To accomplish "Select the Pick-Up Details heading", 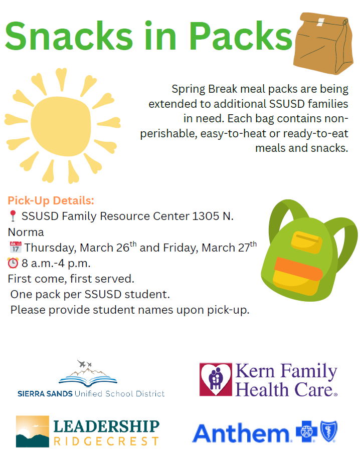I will coord(51,201).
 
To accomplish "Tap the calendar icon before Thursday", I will coord(15,248).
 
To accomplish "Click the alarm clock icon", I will coord(13,263).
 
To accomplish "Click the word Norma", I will coord(26,232).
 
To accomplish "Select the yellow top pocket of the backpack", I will coord(307,242).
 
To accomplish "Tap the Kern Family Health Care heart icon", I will coord(216,380).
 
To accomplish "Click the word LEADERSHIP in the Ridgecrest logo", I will coord(106,427).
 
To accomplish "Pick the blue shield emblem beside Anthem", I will coord(329,431).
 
